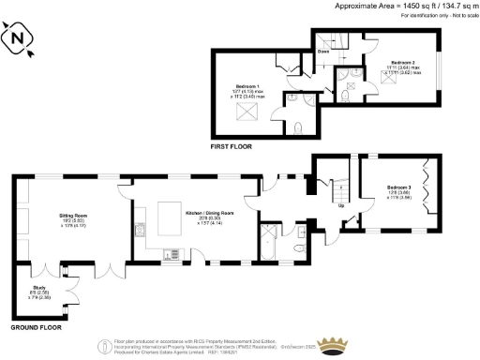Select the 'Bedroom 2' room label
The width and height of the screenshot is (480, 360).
point(378,64)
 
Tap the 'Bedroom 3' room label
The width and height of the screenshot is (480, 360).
point(399,187)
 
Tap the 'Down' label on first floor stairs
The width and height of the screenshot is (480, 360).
point(323,65)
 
